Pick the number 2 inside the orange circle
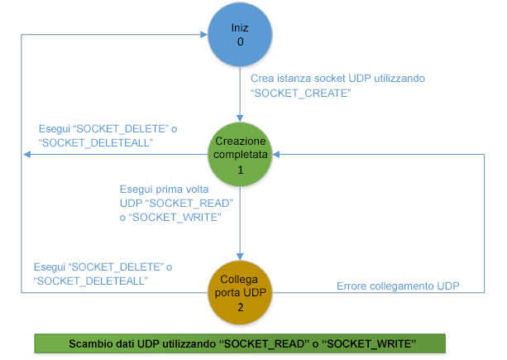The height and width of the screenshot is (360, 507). [240, 306]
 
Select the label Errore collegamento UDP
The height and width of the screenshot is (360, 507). [398, 286]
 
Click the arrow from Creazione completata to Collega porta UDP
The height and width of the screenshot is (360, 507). [240, 223]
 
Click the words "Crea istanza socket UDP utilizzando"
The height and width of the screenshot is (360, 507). [337, 79]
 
